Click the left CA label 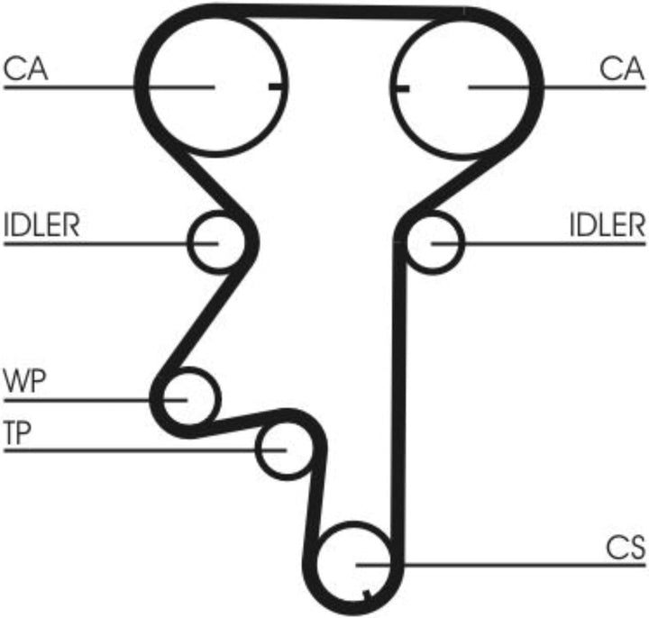point(25,68)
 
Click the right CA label point(622,68)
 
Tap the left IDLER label point(41,224)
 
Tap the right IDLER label point(608,224)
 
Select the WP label point(25,380)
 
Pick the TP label point(17,432)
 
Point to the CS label point(626,547)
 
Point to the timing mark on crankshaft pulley point(367,595)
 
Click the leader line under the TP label point(145,450)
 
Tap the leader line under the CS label point(500,565)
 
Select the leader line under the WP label point(96,400)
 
